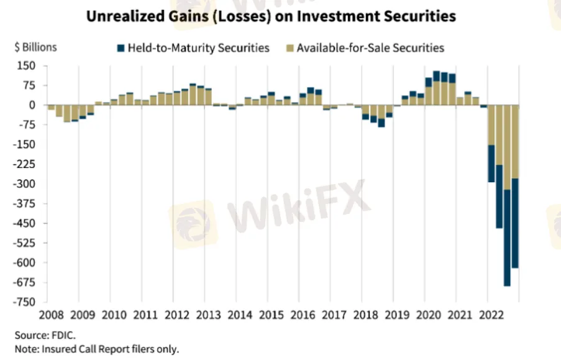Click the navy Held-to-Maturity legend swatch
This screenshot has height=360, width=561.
[121, 47]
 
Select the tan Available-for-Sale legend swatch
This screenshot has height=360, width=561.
[290, 47]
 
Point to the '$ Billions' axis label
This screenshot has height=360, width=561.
[35, 47]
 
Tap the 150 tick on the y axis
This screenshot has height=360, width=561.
[25, 66]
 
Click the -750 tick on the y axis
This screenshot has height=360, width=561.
[25, 302]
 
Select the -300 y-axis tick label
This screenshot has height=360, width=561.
[25, 184]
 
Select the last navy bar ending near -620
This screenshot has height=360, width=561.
[514, 223]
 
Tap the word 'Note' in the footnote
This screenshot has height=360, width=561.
[24, 348]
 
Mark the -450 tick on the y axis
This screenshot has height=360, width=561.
[25, 223]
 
